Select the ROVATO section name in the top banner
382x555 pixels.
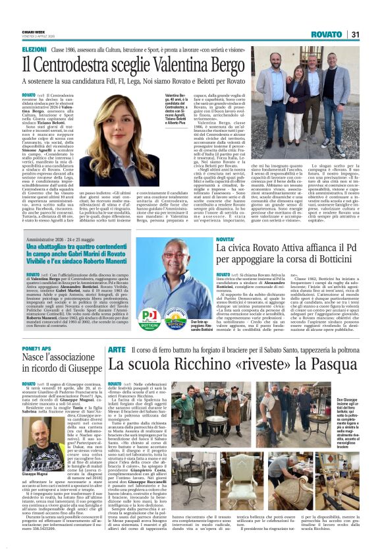(x=326, y=34)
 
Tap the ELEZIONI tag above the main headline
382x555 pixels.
(x=34, y=49)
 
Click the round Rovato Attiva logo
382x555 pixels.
(x=175, y=315)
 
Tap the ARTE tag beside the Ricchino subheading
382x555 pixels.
(x=116, y=349)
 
